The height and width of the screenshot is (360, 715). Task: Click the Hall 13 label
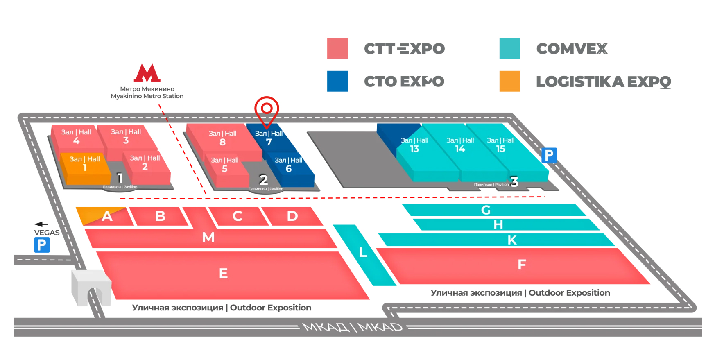pos(414,145)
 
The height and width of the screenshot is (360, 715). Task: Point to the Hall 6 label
pos(288,165)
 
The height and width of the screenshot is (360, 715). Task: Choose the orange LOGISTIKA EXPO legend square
pos(509,81)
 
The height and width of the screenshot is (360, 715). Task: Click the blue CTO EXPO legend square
pos(337,81)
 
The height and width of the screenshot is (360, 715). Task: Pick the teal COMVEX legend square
pos(509,48)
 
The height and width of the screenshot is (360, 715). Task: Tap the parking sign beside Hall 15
pos(549,155)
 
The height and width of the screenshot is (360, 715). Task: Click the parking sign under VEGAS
pos(42,245)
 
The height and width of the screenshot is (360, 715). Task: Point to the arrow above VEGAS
pos(41,224)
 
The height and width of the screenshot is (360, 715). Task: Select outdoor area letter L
pos(363,252)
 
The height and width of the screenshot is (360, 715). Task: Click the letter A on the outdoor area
pos(107,216)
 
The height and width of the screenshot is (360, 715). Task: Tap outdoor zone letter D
pos(292,216)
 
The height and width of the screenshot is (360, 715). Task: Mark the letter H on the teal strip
pos(498,224)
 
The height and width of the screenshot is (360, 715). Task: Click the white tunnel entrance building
pos(91,288)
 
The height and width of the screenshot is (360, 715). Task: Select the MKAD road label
pos(353,327)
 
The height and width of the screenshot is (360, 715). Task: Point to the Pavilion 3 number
pos(514,181)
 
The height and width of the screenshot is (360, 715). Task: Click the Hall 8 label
pos(222,138)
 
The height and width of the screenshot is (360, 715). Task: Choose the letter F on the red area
pos(522,265)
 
